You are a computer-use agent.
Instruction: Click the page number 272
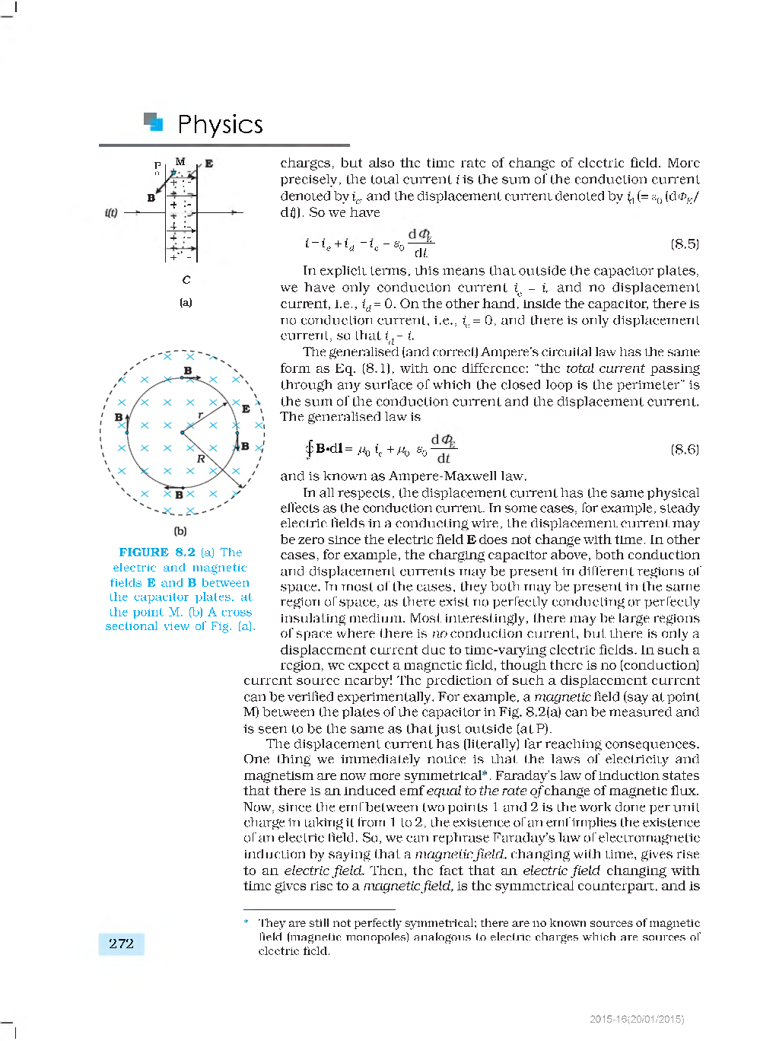[x=121, y=944]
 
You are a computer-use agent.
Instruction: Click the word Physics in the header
[x=220, y=125]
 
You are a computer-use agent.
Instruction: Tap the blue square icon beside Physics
[x=154, y=122]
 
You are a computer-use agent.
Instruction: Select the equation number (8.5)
[x=684, y=244]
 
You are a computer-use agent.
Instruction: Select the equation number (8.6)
[x=684, y=449]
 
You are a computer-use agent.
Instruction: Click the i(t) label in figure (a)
[x=111, y=213]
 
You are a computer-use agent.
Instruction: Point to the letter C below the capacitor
[x=186, y=280]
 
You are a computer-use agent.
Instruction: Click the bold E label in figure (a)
[x=208, y=164]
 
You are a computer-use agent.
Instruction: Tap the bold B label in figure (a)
[x=151, y=198]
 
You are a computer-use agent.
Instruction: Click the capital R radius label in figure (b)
[x=201, y=459]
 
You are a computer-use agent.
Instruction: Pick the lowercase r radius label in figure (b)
[x=200, y=415]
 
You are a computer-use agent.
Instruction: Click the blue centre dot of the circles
[x=182, y=432]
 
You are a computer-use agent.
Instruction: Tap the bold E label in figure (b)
[x=246, y=409]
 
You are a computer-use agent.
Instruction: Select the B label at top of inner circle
[x=187, y=371]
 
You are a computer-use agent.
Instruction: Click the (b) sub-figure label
[x=180, y=531]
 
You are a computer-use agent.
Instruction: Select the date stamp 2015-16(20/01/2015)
[x=636, y=1019]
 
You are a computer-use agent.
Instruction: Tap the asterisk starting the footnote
[x=246, y=923]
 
